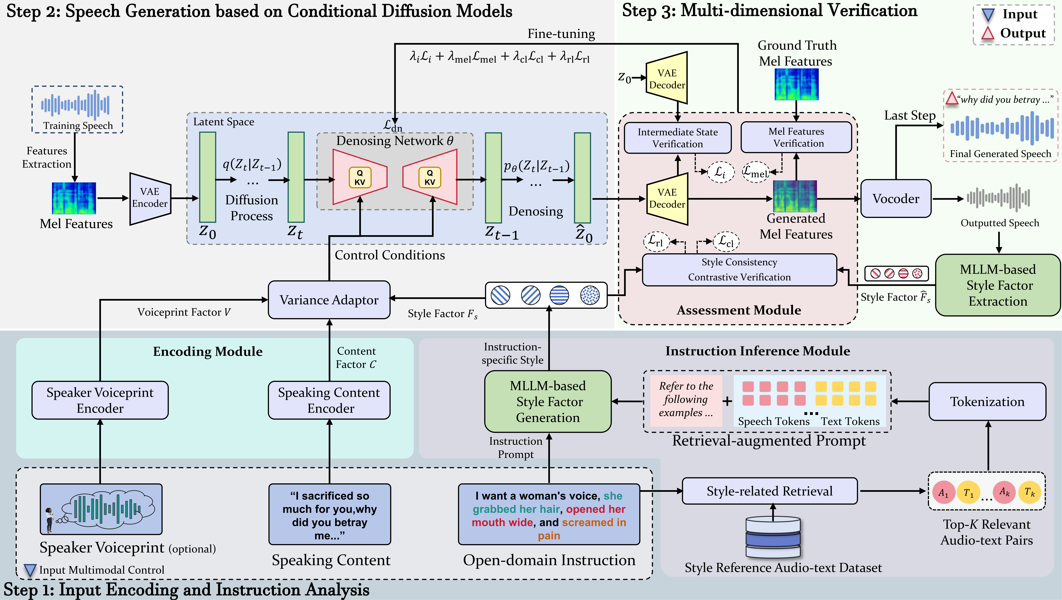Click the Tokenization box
[x=987, y=401]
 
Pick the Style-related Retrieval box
[x=769, y=491]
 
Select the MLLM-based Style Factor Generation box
[x=548, y=401]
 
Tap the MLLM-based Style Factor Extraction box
[x=998, y=285]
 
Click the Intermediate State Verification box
[x=677, y=138]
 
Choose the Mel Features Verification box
[x=796, y=137]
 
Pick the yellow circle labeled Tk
[x=1029, y=492]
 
